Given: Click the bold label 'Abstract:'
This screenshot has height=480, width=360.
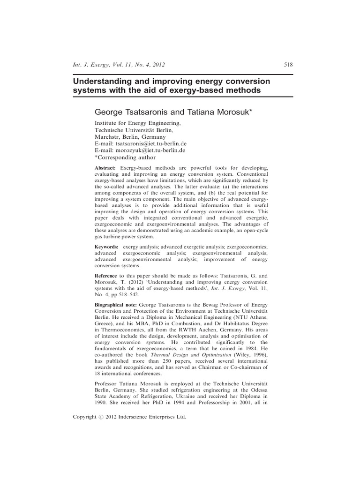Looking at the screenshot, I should [x=105, y=168].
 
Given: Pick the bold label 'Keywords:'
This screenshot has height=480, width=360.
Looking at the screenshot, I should [x=106, y=246].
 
